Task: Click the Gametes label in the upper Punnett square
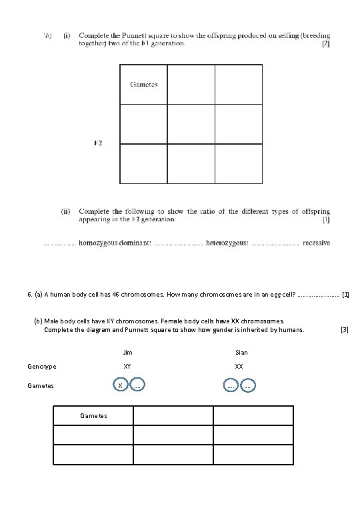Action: (x=144, y=85)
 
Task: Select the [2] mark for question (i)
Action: (x=325, y=44)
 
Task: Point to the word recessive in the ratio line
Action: (x=316, y=243)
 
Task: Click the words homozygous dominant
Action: (x=115, y=243)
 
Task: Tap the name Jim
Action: (x=128, y=352)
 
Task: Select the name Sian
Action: (x=241, y=352)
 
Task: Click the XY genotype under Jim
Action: (x=127, y=367)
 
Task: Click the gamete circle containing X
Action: (x=119, y=385)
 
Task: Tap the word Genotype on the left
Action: (x=42, y=367)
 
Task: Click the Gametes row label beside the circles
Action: (x=41, y=385)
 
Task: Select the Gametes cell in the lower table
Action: (x=93, y=415)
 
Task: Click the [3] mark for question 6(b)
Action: (x=344, y=329)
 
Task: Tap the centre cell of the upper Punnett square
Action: (x=191, y=123)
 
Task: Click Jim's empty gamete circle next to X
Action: (x=136, y=385)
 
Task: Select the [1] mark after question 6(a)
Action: (x=345, y=293)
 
